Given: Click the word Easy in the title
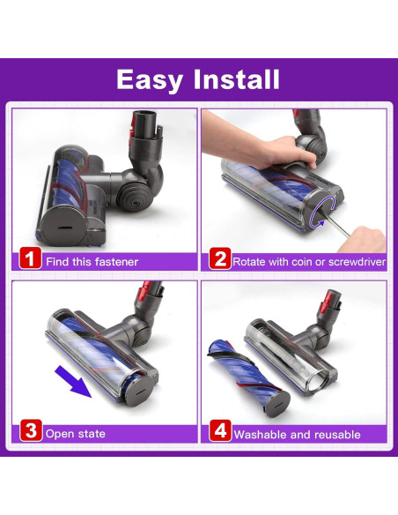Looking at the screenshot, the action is tap(150, 80).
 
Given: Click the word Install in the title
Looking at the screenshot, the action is tap(236, 79).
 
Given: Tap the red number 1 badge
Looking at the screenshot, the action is tap(30, 258).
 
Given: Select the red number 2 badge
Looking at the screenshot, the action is tap(220, 258).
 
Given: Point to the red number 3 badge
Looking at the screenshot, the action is tap(31, 430).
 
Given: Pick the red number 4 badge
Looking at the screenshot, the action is tap(220, 430).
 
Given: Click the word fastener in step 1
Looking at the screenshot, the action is tap(116, 262).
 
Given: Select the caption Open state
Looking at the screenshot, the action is tap(76, 434).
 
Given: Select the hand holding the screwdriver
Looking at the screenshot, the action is tap(362, 239).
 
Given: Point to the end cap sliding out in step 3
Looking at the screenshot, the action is tap(138, 391).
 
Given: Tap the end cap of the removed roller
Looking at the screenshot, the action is tap(277, 403).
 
